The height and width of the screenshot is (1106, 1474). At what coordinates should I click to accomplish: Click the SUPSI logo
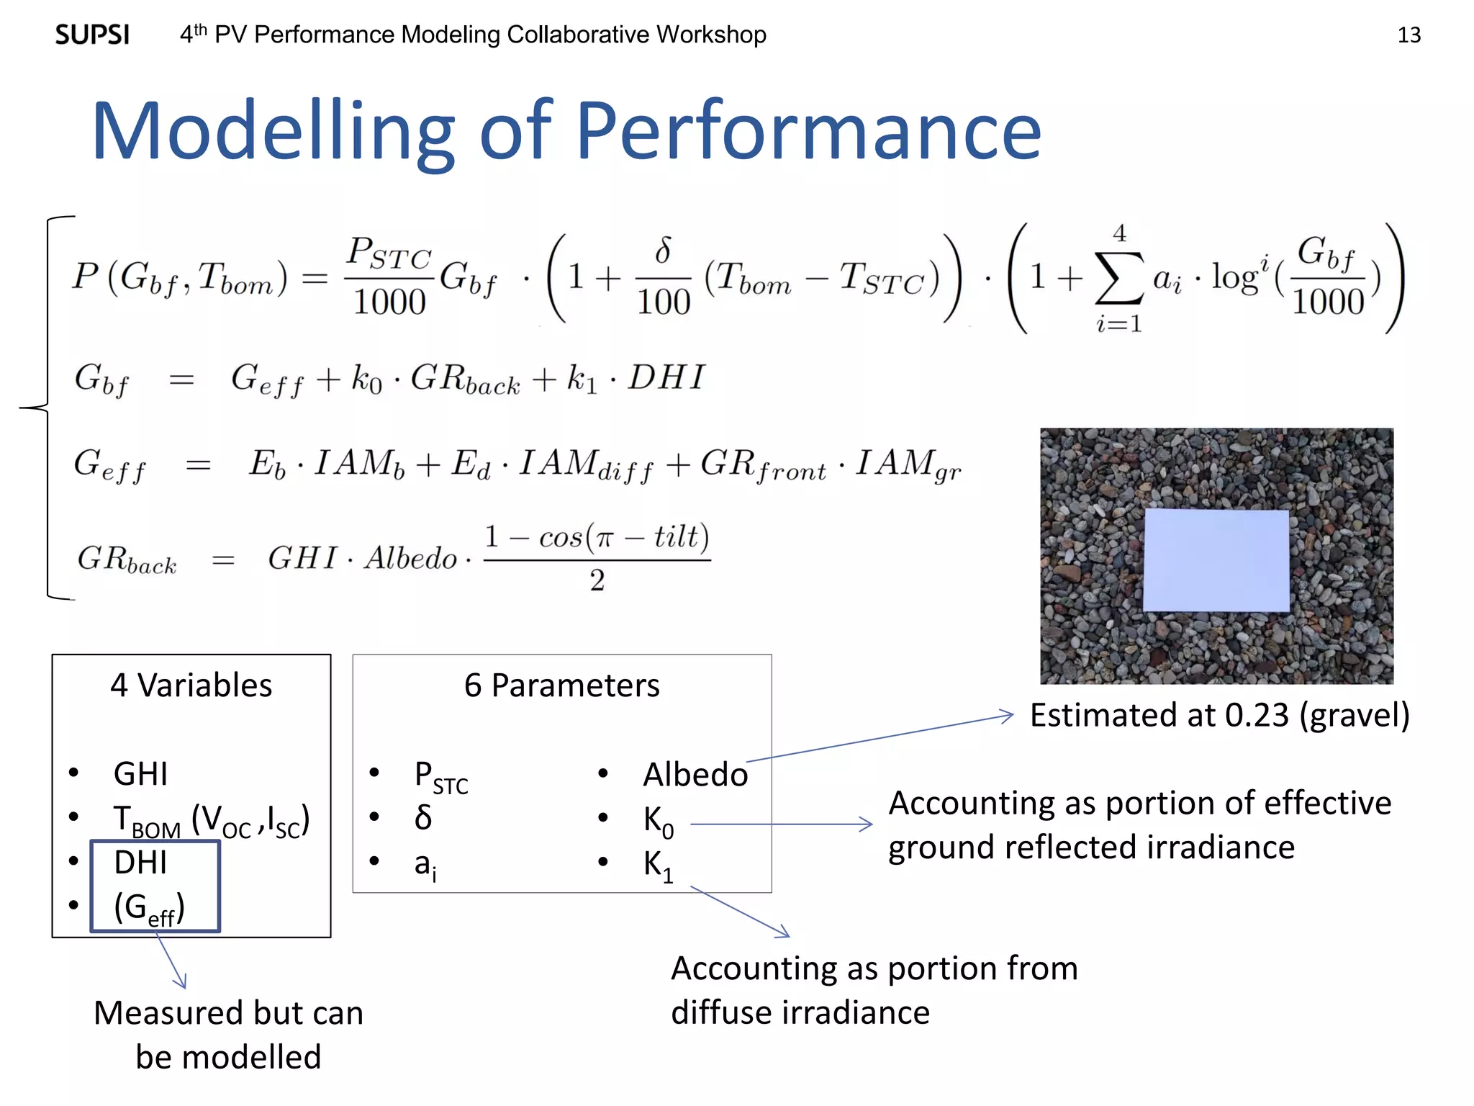pos(92,35)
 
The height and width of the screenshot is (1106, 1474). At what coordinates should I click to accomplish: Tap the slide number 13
pos(1409,35)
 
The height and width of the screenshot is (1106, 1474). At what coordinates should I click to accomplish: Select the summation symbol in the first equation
pos(1118,278)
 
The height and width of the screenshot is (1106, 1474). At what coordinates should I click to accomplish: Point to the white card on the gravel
pos(1216,560)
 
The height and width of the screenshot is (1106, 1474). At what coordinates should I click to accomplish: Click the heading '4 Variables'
pos(191,685)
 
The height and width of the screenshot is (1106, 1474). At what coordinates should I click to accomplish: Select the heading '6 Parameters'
pos(561,685)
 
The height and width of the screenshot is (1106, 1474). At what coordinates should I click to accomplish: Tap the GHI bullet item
pos(140,774)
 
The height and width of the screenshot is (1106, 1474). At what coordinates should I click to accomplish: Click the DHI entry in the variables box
pos(140,862)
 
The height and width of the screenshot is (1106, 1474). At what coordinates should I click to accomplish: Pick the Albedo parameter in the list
pos(695,775)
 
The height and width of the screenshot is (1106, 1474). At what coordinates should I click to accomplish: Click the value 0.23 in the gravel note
pos(1257,715)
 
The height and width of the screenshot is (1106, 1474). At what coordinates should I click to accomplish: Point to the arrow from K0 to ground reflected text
pos(781,824)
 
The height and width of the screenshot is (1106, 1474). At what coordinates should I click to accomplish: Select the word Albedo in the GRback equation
pos(410,558)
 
